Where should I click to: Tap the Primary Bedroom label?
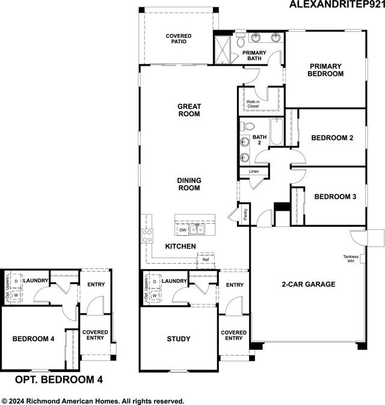coord(325,70)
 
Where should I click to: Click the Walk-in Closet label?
coord(253,104)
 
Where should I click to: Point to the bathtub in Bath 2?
coord(276,132)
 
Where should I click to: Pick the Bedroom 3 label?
coord(336,197)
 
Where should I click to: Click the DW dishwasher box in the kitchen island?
coord(182,230)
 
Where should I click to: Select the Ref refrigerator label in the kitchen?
coord(205,260)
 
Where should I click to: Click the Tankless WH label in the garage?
coord(351,259)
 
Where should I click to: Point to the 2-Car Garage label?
coord(309,284)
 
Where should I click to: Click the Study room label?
coord(179,339)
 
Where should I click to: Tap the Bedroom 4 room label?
coord(34,339)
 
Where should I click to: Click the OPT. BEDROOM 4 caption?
coord(59,380)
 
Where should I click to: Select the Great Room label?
coord(189,110)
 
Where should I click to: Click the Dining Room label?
coord(189,184)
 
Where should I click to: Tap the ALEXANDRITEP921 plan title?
coord(336,5)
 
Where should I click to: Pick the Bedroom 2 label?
coord(331,138)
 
